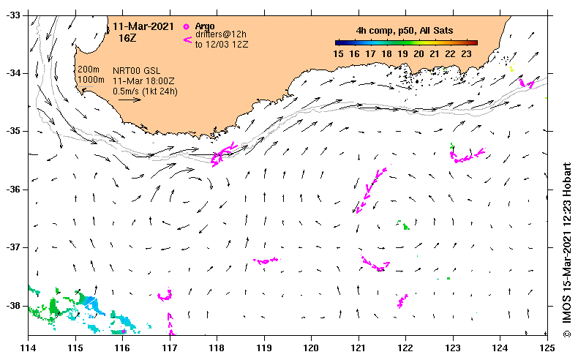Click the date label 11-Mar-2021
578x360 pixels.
click(143, 26)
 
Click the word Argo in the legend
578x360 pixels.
click(206, 26)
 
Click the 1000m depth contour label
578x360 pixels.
click(90, 79)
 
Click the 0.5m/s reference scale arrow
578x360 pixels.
click(129, 100)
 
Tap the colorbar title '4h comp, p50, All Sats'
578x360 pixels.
click(404, 31)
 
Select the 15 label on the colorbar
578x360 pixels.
click(339, 53)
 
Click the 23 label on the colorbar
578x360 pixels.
click(467, 53)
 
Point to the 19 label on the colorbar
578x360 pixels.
click(402, 53)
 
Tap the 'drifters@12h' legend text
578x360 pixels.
click(220, 34)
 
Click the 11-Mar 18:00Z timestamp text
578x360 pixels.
click(144, 81)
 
